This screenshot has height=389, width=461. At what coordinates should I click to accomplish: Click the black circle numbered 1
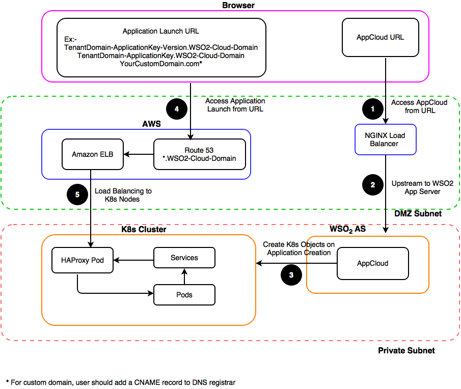coord(373,109)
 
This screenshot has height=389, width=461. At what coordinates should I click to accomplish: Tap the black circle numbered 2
coord(373,185)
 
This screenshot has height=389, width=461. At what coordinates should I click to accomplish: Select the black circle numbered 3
coord(291,275)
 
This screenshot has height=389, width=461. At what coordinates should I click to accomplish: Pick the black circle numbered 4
coord(177,109)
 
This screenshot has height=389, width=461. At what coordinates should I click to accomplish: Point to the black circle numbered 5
coord(77,194)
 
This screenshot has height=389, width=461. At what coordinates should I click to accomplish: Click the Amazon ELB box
coord(93,154)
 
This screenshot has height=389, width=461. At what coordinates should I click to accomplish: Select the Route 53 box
coord(200,154)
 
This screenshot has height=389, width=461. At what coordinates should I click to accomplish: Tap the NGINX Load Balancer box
coord(386,140)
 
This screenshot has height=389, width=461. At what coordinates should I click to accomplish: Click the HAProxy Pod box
coord(83,260)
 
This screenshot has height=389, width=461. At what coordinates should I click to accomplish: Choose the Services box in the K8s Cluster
coord(184,258)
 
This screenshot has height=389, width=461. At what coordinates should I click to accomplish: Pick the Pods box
coord(184,295)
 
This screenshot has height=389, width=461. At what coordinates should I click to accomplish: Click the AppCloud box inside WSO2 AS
coord(373,264)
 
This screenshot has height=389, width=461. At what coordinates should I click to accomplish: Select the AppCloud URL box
coord(381,37)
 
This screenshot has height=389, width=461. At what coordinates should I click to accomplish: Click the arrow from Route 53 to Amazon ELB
coord(139,154)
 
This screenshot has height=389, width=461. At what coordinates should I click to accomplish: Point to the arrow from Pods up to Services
coord(184,276)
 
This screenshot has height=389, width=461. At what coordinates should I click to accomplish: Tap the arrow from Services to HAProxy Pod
coord(133,260)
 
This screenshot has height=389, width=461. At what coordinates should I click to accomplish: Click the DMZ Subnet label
coord(418,214)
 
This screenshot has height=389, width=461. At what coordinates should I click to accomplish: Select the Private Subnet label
coord(406,350)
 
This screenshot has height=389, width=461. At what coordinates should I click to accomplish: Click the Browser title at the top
coord(238,5)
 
